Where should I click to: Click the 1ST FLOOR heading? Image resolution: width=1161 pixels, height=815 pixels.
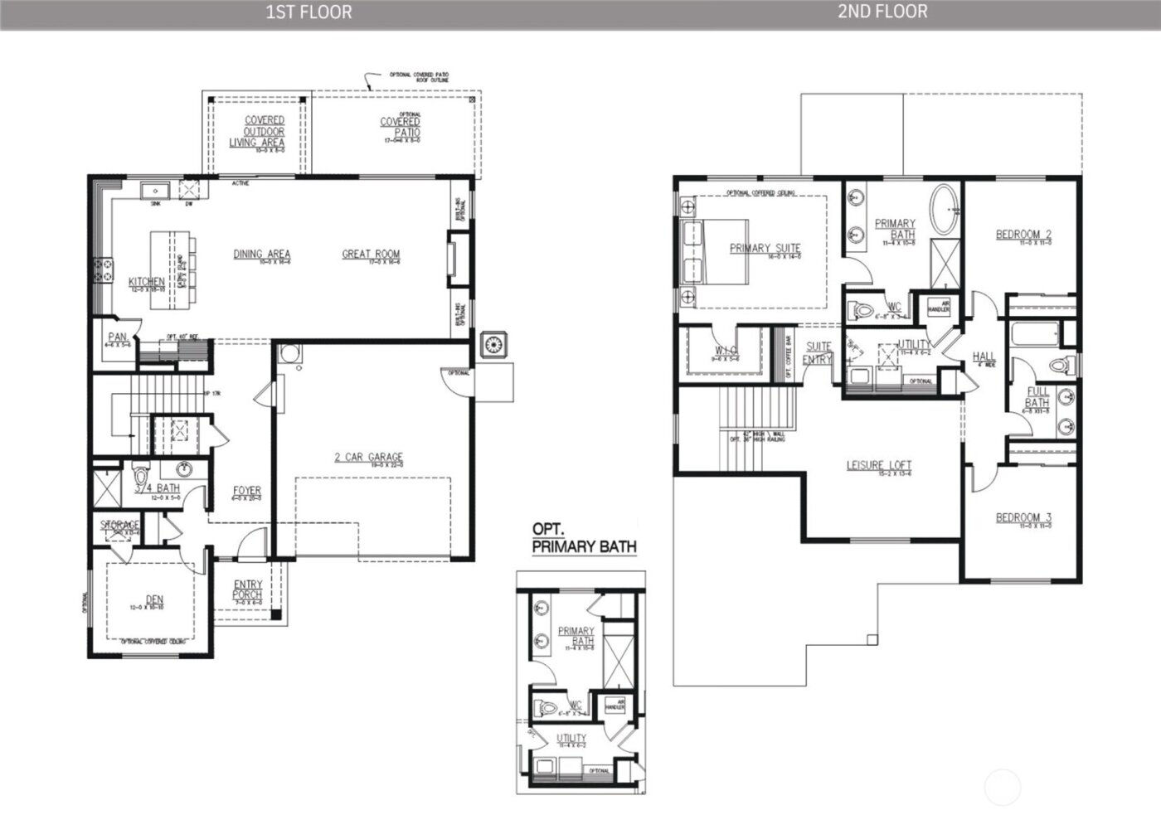coord(308,12)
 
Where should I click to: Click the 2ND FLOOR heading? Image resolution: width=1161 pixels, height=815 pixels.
coord(882,12)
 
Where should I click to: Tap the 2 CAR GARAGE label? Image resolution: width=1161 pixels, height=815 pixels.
coord(368,457)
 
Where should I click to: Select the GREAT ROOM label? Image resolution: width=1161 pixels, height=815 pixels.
coord(371,255)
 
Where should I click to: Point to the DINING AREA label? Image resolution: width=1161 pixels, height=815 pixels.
coord(261,255)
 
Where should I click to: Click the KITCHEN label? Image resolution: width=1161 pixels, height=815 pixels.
coord(146,283)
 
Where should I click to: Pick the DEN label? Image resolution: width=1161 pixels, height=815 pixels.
coord(153,599)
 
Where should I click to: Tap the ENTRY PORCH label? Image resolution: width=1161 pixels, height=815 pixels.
coord(247,589)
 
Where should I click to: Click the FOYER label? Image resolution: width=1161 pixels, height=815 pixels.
coord(246,491)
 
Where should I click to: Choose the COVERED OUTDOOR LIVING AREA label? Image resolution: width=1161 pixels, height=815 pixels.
coord(264,132)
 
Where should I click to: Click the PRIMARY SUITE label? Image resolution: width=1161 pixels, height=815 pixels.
coord(765,248)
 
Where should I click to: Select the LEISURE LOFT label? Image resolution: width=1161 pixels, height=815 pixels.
coord(878,465)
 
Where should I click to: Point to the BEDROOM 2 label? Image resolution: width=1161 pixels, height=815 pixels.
coord(1023,235)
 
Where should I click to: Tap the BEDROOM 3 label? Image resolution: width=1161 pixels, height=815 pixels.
coord(1023,518)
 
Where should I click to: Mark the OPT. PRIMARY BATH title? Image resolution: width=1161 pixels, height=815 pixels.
coord(583,538)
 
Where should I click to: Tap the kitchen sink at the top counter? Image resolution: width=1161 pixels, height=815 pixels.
coord(155,192)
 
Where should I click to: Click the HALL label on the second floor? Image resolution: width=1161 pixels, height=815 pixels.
coord(984,357)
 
